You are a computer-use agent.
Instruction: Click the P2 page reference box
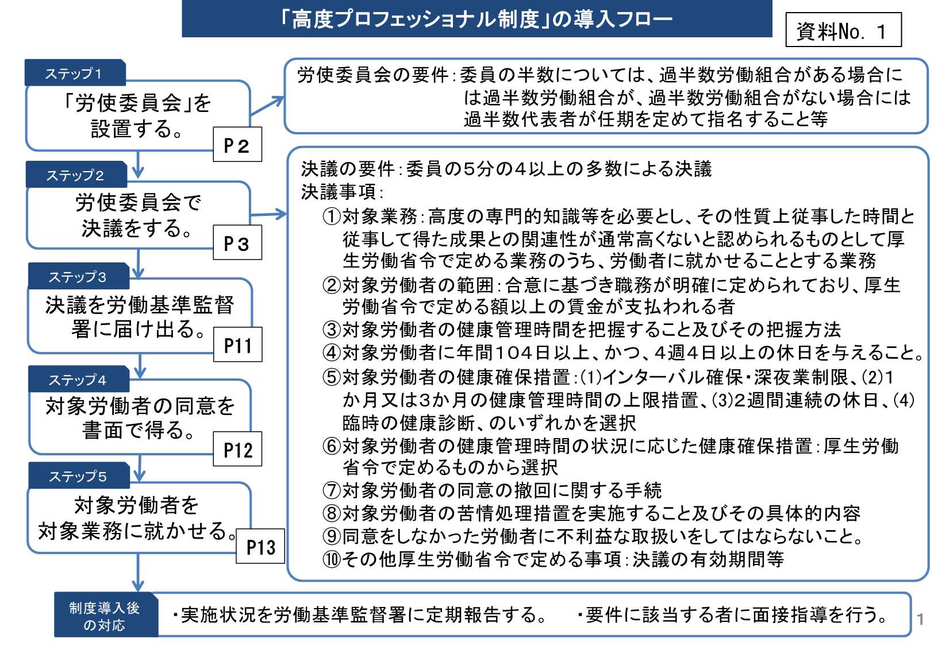click(237, 144)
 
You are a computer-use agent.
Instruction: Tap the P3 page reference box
click(237, 242)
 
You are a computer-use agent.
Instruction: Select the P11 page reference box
click(238, 345)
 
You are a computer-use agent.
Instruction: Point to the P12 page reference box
click(237, 448)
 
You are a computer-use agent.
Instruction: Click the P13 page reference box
click(260, 546)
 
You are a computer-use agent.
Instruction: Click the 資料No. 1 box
click(844, 29)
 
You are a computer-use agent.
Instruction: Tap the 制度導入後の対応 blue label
click(106, 615)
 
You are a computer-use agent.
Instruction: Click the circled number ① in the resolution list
click(332, 216)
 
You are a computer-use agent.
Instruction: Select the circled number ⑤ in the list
click(332, 377)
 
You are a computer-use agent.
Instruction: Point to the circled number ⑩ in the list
click(332, 559)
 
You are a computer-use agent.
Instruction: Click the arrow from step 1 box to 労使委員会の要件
click(267, 106)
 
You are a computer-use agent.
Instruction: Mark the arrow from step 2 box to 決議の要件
click(268, 215)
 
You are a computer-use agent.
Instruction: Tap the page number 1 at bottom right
click(920, 620)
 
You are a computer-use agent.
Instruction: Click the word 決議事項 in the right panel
click(339, 192)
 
